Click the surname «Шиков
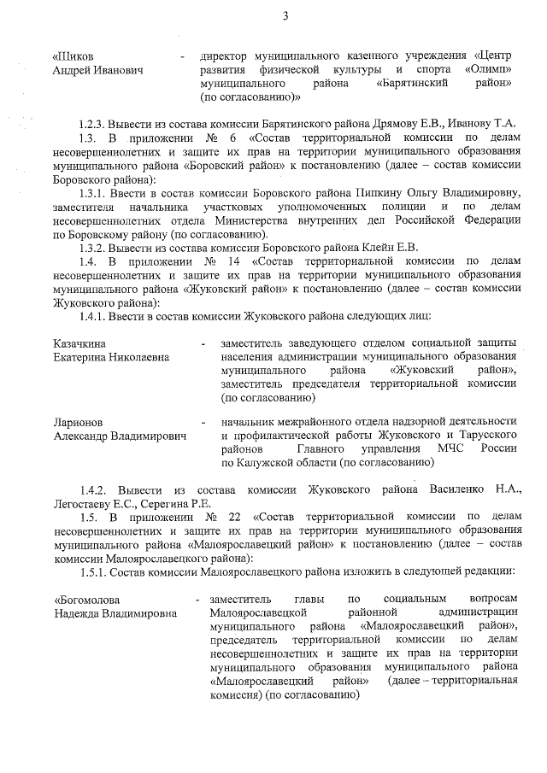pos(73,57)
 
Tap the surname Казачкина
pos(79,343)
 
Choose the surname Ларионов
pos(77,423)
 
